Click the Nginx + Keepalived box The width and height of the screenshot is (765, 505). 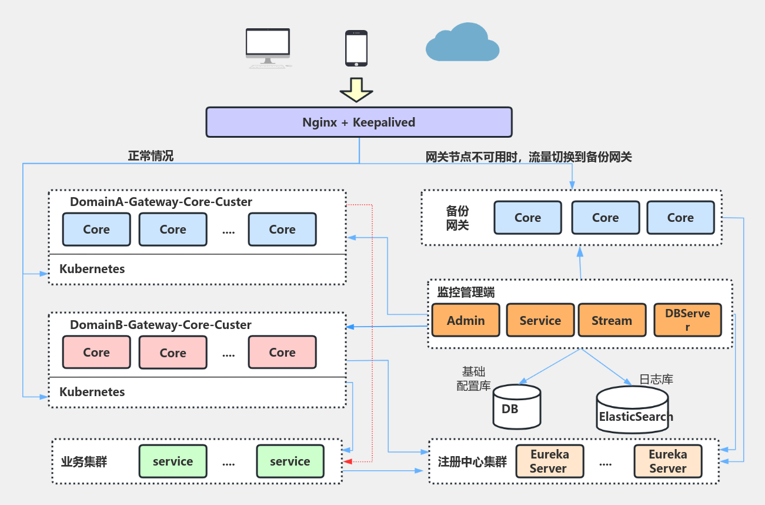point(359,122)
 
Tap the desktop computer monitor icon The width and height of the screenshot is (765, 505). point(268,45)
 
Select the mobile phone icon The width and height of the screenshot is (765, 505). point(356,48)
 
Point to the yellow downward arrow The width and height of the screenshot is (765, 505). point(356,90)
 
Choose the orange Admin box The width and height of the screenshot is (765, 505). point(466,320)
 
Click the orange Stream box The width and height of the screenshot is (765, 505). point(612,320)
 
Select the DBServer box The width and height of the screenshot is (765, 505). point(687,320)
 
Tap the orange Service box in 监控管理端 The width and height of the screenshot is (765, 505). point(540,320)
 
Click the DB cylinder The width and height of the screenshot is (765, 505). point(516,407)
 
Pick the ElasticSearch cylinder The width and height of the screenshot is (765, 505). point(633,410)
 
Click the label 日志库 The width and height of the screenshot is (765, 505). point(656,379)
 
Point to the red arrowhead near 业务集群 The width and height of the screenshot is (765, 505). point(348,461)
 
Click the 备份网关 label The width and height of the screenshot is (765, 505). point(457,218)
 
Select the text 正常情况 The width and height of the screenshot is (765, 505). point(151,156)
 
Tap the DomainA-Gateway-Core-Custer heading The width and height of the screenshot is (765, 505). point(161,202)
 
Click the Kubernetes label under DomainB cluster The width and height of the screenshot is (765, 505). point(92,392)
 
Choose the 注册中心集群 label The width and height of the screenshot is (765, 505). point(472,461)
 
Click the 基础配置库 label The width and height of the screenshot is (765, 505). point(474,378)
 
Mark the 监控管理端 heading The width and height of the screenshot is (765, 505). point(466,292)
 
